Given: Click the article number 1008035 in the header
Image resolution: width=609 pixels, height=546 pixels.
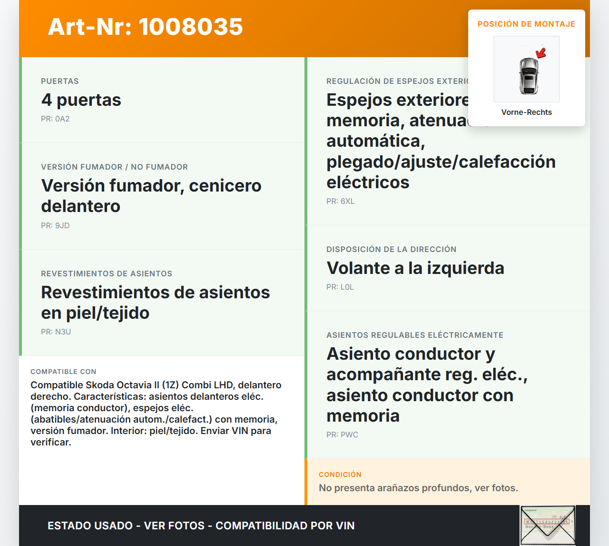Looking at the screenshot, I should click(191, 27).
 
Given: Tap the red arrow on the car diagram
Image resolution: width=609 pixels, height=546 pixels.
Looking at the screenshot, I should click(541, 52).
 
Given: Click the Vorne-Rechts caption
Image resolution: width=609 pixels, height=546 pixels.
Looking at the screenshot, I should click(526, 112).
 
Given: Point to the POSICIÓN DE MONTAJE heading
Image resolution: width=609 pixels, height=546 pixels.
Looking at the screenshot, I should click(526, 24).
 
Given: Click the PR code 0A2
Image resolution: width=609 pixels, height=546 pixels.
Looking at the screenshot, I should click(62, 119).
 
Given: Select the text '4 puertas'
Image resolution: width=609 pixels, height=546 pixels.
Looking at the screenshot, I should click(81, 100).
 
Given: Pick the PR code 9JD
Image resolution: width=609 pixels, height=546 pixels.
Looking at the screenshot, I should click(62, 226).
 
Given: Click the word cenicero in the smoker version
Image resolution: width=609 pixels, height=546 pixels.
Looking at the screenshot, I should click(225, 186).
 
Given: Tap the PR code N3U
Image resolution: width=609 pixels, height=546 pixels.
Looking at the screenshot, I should click(63, 332).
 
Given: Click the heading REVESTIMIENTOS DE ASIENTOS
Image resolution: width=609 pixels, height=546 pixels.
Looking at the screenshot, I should click(107, 274).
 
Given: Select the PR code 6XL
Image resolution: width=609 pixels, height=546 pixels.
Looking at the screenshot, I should click(347, 202).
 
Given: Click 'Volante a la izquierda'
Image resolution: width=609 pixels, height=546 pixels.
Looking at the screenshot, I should click(415, 268).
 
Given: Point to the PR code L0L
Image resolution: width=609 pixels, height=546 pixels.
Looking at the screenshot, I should click(347, 287).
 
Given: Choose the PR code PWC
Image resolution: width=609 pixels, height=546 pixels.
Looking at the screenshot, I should click(349, 435).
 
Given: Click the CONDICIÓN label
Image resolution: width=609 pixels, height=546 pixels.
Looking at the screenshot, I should click(340, 475).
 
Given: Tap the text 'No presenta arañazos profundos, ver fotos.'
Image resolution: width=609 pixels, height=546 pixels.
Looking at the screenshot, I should click(418, 488).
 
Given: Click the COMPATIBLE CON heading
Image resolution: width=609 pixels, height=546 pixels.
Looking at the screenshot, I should click(63, 372).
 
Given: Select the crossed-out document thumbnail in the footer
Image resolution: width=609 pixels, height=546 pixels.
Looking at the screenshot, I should click(548, 526).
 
